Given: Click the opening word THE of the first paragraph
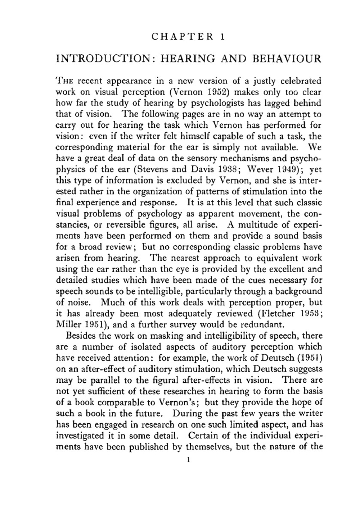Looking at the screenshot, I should tap(65, 81).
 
